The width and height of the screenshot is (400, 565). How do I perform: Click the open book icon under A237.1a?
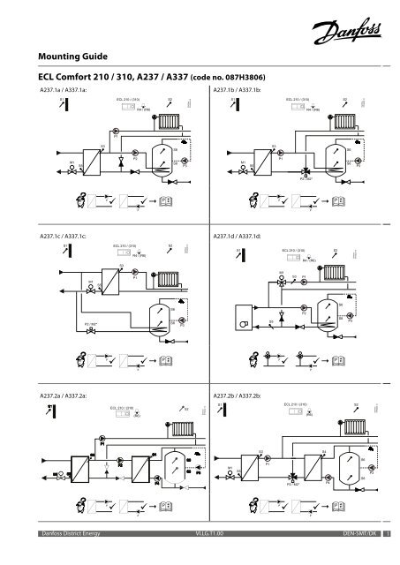click(167, 203)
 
